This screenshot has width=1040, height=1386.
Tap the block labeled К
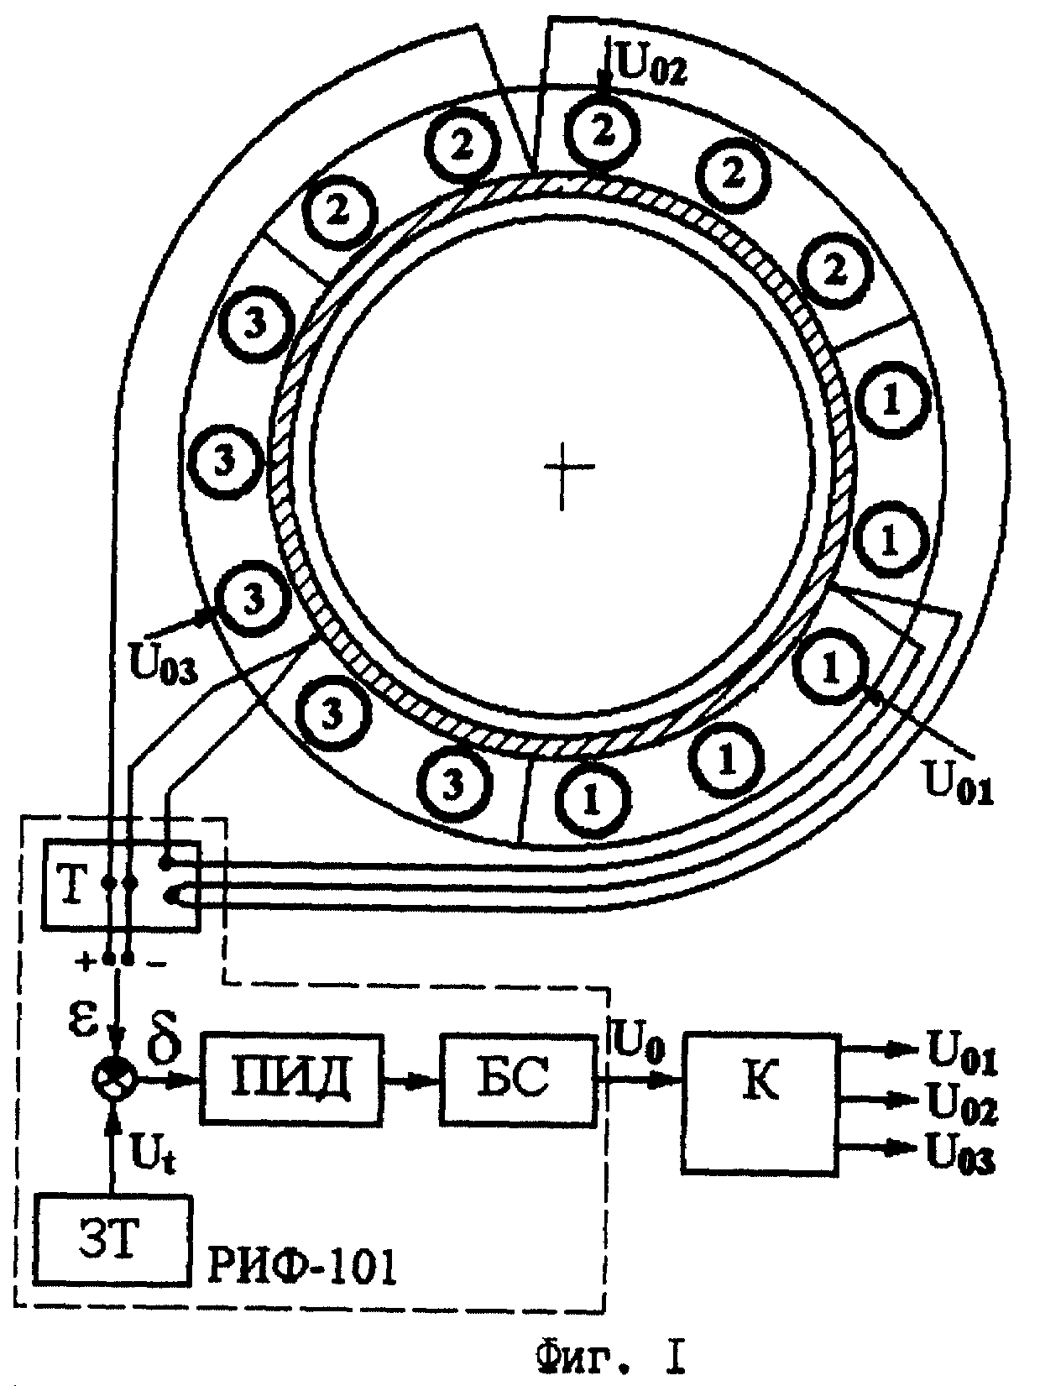tap(761, 1103)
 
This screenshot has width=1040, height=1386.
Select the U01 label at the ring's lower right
tap(959, 782)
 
